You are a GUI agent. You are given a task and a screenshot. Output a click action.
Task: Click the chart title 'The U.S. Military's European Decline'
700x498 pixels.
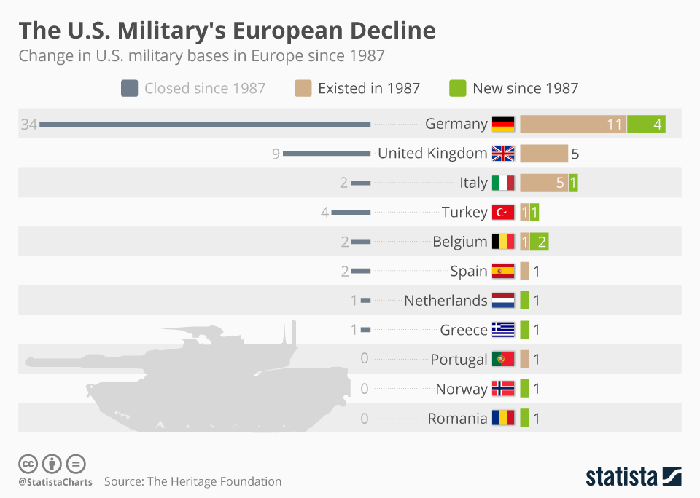(x=227, y=30)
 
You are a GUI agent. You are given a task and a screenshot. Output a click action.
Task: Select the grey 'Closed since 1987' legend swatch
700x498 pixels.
(x=129, y=89)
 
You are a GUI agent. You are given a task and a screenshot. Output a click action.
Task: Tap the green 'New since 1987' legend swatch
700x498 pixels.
(x=457, y=89)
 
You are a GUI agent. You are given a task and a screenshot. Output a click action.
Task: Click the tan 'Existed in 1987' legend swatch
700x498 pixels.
(x=303, y=89)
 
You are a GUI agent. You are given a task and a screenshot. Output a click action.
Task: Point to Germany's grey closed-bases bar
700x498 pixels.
(x=205, y=125)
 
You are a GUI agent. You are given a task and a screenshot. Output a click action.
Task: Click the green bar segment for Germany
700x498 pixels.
(x=646, y=125)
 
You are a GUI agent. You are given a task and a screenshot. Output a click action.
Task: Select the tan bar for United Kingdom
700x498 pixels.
(x=543, y=154)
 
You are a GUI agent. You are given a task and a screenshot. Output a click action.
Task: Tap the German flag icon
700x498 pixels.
(x=503, y=124)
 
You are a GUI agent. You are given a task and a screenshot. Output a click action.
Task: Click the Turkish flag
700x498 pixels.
(x=503, y=212)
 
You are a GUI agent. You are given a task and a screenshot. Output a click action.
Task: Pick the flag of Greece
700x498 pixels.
(x=503, y=330)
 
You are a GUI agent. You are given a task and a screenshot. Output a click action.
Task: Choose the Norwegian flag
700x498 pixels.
(x=503, y=389)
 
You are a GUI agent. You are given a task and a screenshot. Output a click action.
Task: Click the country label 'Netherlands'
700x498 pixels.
(x=446, y=301)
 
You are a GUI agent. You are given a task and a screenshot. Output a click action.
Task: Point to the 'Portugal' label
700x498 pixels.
(x=459, y=360)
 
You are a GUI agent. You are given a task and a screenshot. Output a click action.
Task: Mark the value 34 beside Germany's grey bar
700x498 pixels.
(x=28, y=125)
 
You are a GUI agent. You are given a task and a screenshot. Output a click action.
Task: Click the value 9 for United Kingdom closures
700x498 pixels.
(x=276, y=154)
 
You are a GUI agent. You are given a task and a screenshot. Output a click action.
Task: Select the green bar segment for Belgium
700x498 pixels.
(x=540, y=242)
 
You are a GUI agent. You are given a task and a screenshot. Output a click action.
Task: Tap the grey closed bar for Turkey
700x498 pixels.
(x=351, y=213)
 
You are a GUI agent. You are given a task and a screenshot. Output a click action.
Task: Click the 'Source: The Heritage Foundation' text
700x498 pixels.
(x=192, y=481)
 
